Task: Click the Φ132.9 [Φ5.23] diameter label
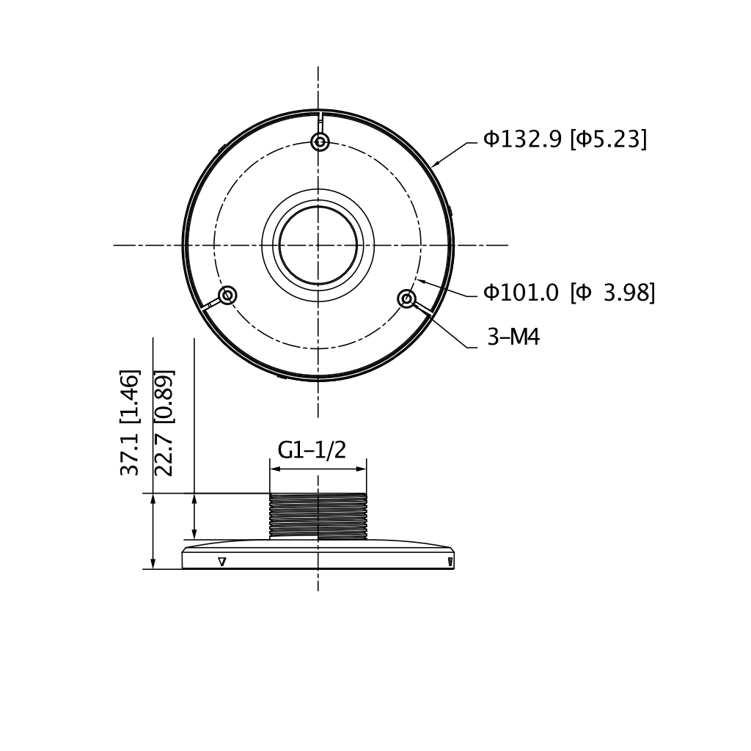(565, 139)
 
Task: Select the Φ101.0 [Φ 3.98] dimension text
(569, 293)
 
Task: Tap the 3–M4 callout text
(513, 337)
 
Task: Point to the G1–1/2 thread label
(312, 450)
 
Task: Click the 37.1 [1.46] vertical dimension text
(129, 422)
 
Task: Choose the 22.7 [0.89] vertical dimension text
(164, 422)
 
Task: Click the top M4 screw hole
(320, 142)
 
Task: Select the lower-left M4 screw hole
(228, 296)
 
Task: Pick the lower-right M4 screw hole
(407, 298)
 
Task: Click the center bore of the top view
(318, 245)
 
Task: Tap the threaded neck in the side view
(318, 516)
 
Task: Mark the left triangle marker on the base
(222, 562)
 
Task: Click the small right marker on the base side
(450, 562)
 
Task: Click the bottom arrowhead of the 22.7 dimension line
(194, 535)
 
